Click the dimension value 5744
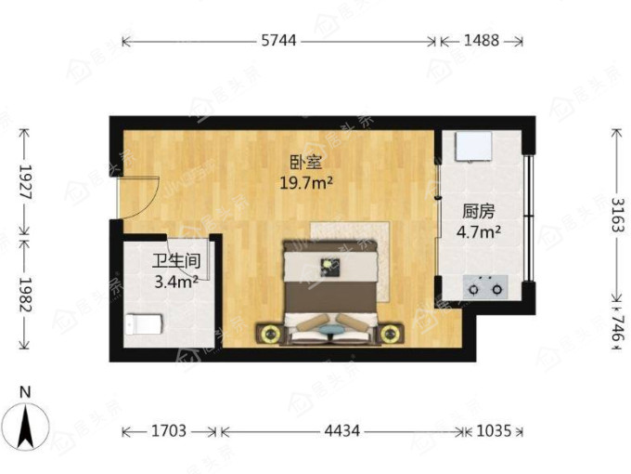click(x=278, y=40)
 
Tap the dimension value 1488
click(x=482, y=40)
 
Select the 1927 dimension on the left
click(x=25, y=182)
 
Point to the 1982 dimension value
click(x=25, y=295)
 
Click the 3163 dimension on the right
click(x=618, y=215)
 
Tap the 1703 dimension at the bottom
click(x=169, y=431)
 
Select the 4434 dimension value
click(x=342, y=431)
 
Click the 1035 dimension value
click(x=494, y=431)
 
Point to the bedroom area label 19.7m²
click(x=306, y=183)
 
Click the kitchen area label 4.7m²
click(x=479, y=231)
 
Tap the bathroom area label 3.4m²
click(x=176, y=282)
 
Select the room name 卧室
click(x=306, y=163)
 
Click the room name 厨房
click(x=478, y=211)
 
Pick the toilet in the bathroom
click(x=144, y=324)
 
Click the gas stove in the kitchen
click(x=485, y=287)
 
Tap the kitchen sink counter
click(x=473, y=146)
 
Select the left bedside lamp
click(x=270, y=335)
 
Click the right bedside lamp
click(x=389, y=335)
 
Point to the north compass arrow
click(x=26, y=428)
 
